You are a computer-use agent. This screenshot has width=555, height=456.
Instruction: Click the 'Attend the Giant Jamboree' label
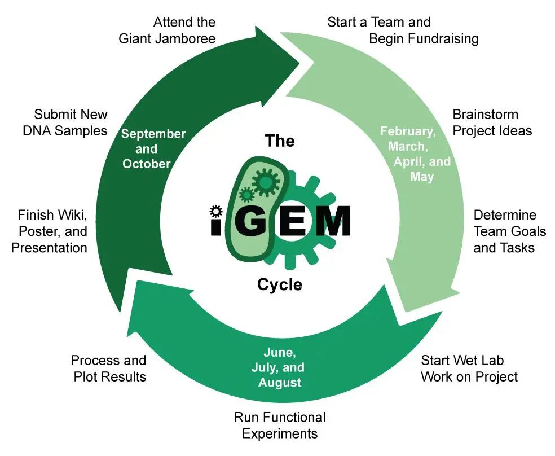point(167,30)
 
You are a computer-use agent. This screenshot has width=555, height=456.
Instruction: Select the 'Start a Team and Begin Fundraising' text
point(403,30)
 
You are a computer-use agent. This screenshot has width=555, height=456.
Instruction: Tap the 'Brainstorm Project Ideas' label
point(492,122)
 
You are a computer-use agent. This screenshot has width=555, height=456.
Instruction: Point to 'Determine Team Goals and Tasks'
point(509,231)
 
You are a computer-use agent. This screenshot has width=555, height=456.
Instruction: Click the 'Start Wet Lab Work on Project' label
point(469,369)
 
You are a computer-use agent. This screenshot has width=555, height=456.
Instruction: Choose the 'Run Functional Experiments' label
point(280,426)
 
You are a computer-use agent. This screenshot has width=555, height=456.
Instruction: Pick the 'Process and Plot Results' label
point(109,369)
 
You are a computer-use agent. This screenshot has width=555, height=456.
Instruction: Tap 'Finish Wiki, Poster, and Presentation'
point(50,231)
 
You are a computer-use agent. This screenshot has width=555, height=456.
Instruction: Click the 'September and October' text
point(146,149)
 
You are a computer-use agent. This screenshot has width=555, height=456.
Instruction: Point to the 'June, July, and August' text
point(280,367)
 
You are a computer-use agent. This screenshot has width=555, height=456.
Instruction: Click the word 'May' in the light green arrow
point(422,177)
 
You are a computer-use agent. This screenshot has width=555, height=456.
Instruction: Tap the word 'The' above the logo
point(280,141)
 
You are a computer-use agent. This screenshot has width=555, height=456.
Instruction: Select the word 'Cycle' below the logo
point(280,284)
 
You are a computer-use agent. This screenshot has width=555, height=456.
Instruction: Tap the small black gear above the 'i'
point(215,212)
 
